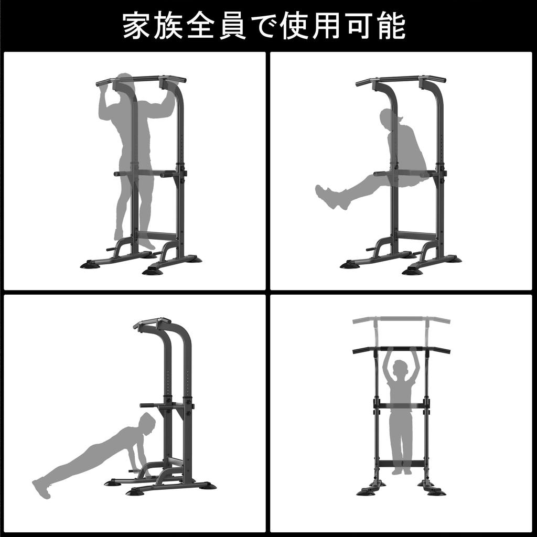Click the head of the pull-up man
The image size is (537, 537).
coord(125,84)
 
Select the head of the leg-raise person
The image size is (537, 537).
coord(391,119)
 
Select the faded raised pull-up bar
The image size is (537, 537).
coord(401,319)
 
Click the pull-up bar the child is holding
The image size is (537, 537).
coord(401,347)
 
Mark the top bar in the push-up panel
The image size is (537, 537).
coord(152,322)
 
